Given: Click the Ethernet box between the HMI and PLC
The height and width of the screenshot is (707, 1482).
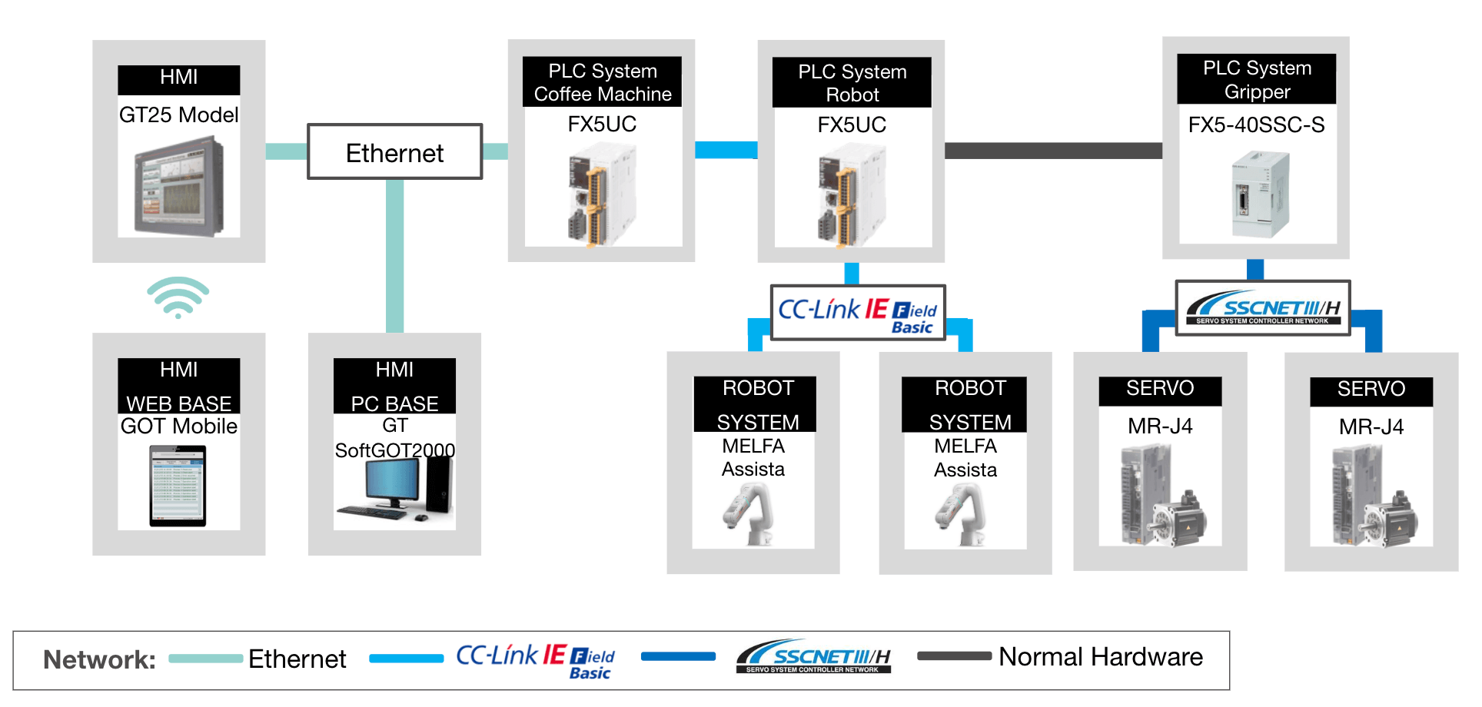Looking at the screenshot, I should click(394, 152).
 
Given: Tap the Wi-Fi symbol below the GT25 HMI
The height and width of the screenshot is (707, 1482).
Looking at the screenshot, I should click(178, 297).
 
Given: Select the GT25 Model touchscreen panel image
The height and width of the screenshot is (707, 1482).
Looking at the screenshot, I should click(179, 186).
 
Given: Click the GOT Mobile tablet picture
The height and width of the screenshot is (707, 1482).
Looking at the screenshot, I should click(178, 486).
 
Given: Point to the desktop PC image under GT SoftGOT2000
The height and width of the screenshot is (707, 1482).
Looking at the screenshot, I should click(395, 489).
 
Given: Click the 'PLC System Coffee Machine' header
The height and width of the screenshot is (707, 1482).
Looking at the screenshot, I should click(602, 82).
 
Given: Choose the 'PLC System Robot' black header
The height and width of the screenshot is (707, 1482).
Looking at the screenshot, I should click(852, 83).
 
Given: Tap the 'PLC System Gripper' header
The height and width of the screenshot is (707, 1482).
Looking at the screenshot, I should click(1257, 79).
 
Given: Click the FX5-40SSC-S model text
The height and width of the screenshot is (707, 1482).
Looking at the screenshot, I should click(1256, 124).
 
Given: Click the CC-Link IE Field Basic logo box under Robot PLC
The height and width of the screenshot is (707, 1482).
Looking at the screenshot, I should click(858, 313).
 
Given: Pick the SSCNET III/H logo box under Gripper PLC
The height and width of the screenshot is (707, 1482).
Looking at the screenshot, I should click(1263, 308).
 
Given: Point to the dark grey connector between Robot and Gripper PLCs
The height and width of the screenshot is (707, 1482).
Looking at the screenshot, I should click(1053, 151).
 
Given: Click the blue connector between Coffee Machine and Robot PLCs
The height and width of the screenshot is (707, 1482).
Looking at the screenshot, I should click(726, 150).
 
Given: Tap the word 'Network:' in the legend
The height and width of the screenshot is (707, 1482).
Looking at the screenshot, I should click(99, 659).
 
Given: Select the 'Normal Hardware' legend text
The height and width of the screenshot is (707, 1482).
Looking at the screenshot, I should click(1100, 657).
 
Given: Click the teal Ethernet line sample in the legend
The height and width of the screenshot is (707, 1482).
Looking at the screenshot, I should click(205, 659).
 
